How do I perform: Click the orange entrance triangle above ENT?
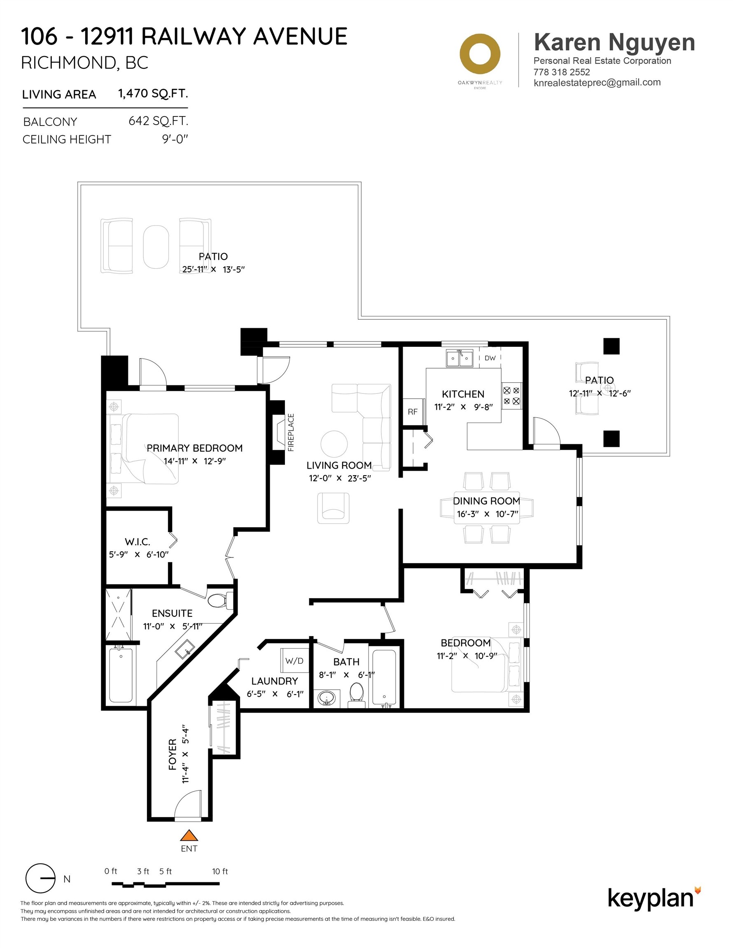189,836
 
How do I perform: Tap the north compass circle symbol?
40,878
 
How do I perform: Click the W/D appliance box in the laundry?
294,661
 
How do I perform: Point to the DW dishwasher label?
490,358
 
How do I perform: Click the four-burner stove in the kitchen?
511,396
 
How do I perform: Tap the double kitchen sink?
459,358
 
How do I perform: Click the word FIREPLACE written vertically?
291,432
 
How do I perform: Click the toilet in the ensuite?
217,601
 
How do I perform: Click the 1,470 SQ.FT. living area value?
153,93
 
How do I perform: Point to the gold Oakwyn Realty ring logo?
480,54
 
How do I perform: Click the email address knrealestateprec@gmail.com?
597,82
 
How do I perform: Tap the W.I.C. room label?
137,542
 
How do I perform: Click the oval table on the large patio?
156,247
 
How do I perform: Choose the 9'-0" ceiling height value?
175,139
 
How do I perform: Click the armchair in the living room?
333,508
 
